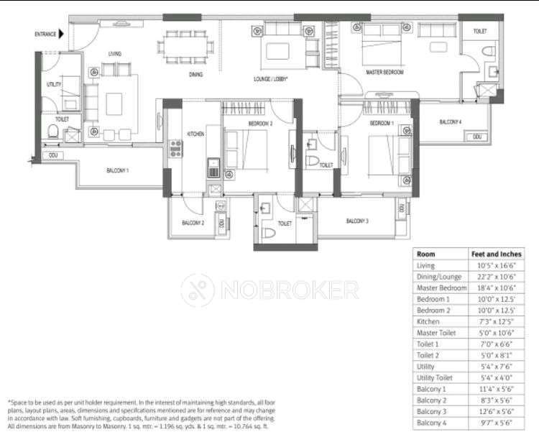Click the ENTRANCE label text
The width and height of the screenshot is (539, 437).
pyautogui.click(x=45, y=34)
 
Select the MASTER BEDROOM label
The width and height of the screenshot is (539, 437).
pyautogui.click(x=384, y=73)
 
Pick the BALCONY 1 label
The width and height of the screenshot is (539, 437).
pyautogui.click(x=117, y=170)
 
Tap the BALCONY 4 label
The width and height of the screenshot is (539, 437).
pyautogui.click(x=451, y=122)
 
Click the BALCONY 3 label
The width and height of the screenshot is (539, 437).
pyautogui.click(x=357, y=221)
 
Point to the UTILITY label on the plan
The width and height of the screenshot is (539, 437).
pyautogui.click(x=53, y=85)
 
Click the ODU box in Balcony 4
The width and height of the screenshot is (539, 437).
pyautogui.click(x=476, y=137)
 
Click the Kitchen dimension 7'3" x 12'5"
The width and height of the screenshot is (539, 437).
pyautogui.click(x=494, y=321)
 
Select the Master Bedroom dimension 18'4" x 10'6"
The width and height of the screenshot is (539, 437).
pyautogui.click(x=494, y=287)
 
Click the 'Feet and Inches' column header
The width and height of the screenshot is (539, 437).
pyautogui.click(x=496, y=254)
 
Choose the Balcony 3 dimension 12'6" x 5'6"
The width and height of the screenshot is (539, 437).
pyautogui.click(x=494, y=411)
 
